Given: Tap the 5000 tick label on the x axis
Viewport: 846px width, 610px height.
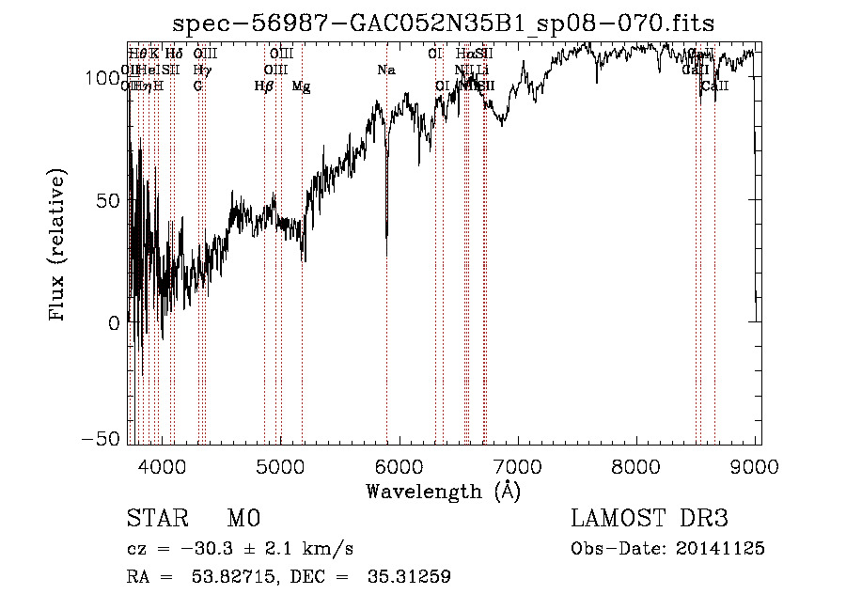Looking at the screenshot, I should click(x=280, y=465).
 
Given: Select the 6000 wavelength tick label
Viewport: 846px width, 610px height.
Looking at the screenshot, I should click(x=399, y=465).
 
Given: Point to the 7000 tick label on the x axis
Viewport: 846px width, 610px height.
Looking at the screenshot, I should click(x=519, y=465).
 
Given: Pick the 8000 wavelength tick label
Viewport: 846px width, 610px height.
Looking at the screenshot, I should click(x=638, y=465).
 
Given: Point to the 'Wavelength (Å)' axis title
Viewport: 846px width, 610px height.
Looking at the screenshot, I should click(x=443, y=491).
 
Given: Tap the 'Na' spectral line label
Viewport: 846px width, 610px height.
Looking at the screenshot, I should click(x=386, y=70).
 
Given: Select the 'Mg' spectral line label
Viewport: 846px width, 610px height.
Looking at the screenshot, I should click(x=301, y=86).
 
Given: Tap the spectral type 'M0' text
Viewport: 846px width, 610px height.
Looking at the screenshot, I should click(x=243, y=519).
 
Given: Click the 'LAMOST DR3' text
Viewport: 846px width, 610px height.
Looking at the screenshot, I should click(x=649, y=519).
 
